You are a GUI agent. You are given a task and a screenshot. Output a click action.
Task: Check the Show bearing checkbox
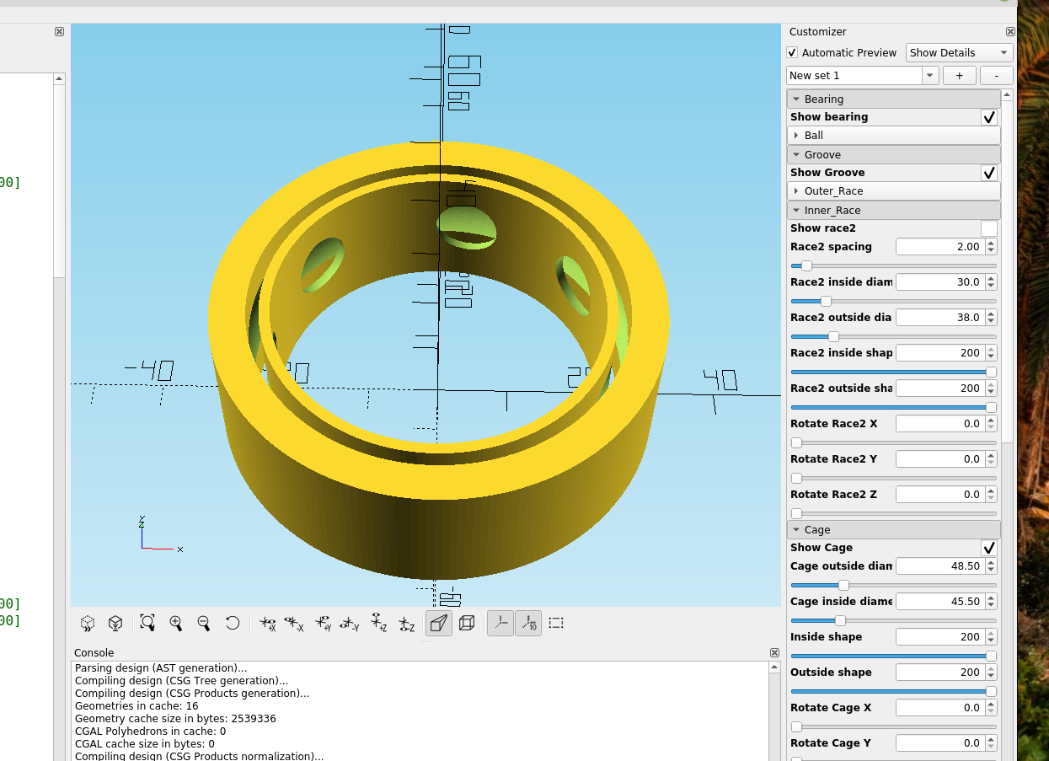coord(989,117)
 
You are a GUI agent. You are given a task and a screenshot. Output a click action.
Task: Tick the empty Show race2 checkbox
coord(989,228)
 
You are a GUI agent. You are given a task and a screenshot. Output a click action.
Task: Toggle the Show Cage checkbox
coord(989,548)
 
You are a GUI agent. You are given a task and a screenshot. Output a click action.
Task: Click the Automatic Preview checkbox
coord(792,53)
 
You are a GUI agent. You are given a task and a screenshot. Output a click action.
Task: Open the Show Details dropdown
coord(959,53)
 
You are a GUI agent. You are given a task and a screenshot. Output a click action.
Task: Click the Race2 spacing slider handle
coord(806,266)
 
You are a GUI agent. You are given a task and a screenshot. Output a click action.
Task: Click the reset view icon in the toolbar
coord(233,623)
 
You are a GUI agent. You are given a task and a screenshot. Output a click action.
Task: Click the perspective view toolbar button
coord(438,623)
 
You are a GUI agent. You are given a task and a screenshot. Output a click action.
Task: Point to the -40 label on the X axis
coord(149,370)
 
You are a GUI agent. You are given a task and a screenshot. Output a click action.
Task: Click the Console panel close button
coord(774,653)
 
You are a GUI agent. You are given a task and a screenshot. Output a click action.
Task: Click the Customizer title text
coord(817,32)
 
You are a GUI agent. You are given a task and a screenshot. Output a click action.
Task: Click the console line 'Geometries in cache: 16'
coord(136,706)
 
